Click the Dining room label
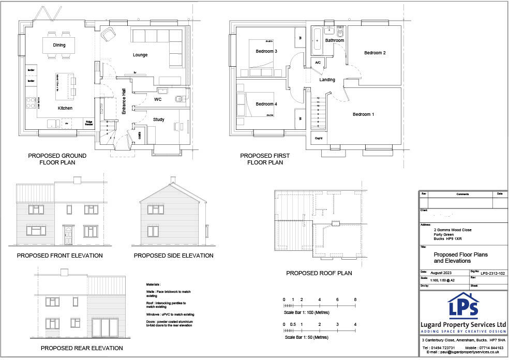coord(59,46)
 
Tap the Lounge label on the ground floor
coord(140,55)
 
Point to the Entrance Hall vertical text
coord(124,101)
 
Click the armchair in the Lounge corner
coord(109,34)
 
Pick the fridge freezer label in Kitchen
coord(89,124)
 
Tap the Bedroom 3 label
coord(266,51)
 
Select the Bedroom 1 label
coord(363,114)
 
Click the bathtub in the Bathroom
coord(317,40)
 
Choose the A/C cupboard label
coord(318,63)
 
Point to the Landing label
coord(327,80)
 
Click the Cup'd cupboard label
coord(318,139)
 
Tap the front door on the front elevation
coord(68,235)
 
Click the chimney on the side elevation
coord(173,180)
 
